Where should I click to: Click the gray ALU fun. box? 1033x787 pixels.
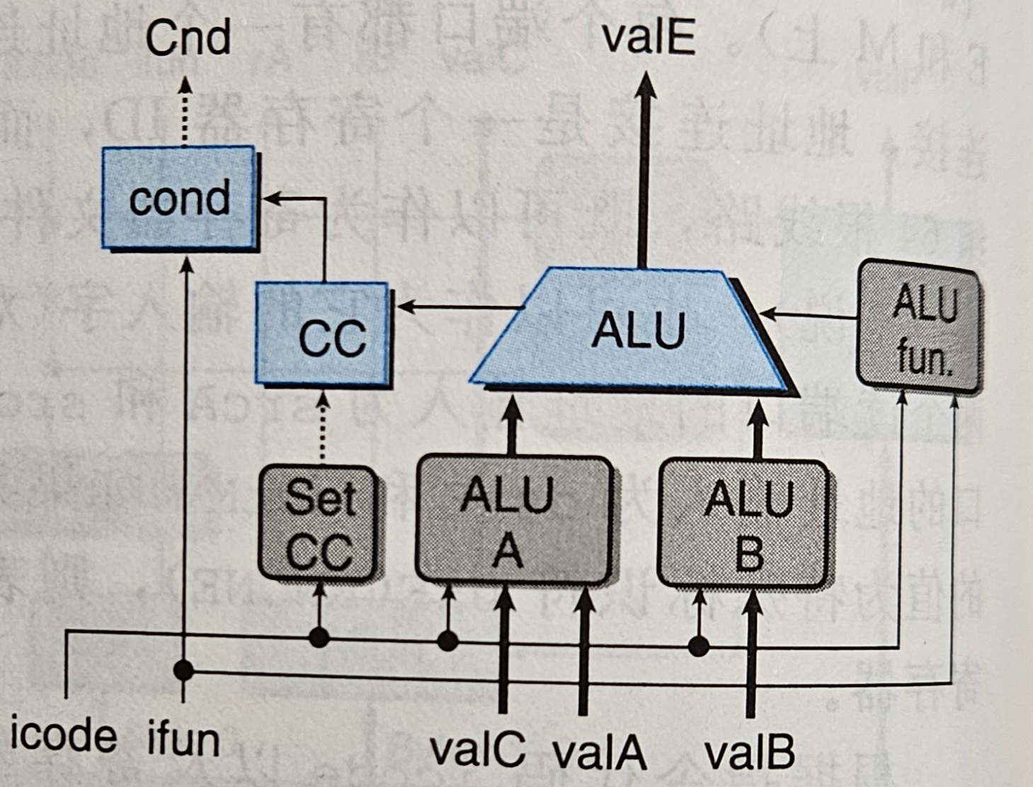(919, 328)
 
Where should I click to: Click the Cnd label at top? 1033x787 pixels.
(188, 38)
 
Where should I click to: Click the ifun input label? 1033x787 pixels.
(183, 740)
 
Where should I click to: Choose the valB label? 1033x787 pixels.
(750, 752)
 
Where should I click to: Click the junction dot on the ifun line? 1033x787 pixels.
(184, 670)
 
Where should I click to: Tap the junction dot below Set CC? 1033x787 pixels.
(319, 638)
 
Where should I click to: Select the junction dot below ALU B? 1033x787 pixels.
(699, 646)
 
